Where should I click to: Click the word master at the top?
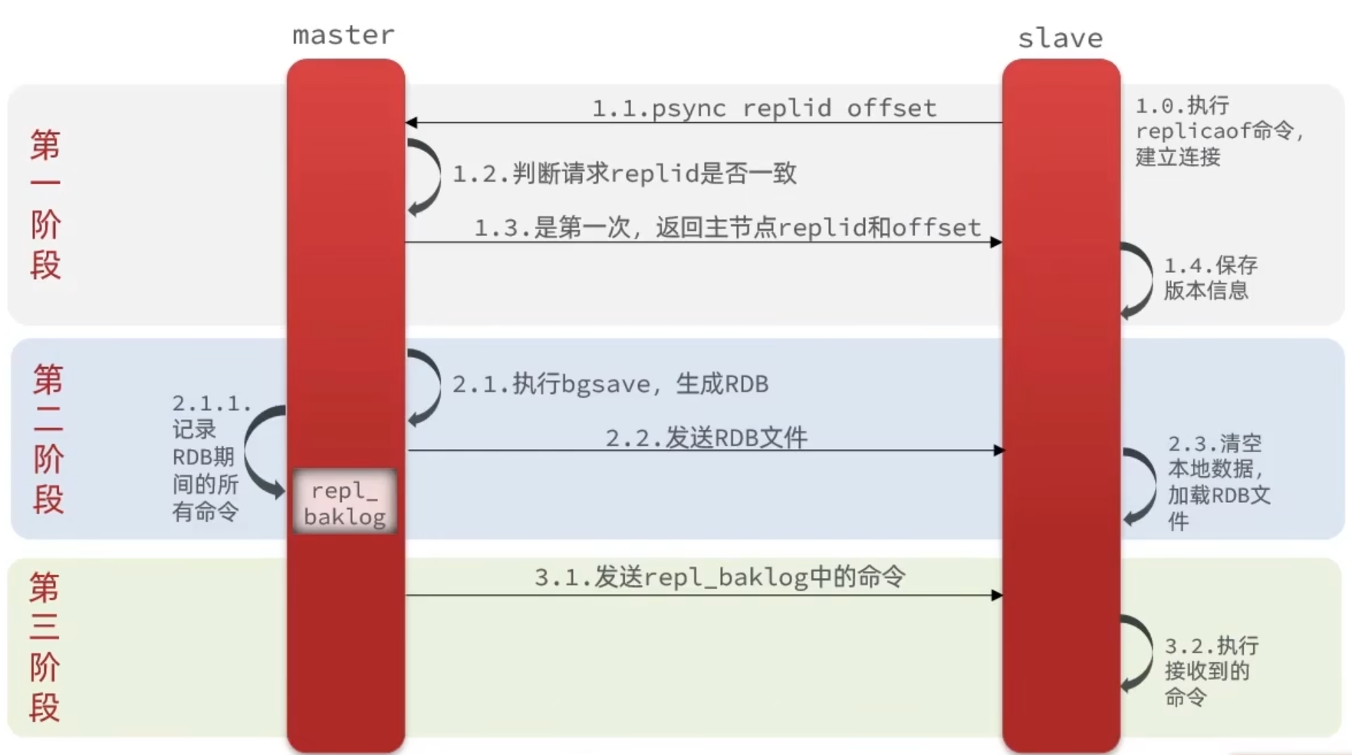coord(344,35)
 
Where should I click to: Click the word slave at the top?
coord(1060,38)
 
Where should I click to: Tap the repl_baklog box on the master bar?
coord(345,503)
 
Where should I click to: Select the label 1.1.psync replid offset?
coord(764,108)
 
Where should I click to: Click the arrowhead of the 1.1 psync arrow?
coord(412,123)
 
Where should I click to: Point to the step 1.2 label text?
coord(624,174)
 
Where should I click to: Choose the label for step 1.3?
coord(727,228)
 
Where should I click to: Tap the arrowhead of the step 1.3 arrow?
coord(996,242)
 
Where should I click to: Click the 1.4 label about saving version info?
coord(1210,278)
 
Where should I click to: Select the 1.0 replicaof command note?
coord(1218,131)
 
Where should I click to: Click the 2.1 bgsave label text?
coord(610,384)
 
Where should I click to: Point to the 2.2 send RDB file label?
coord(706,438)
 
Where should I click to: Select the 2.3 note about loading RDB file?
coord(1218,481)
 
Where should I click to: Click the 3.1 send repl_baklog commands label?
coord(719,577)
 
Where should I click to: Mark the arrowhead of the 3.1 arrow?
coord(996,595)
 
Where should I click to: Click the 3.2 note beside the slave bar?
coord(1210,671)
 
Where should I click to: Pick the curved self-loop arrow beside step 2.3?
coord(1143,486)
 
